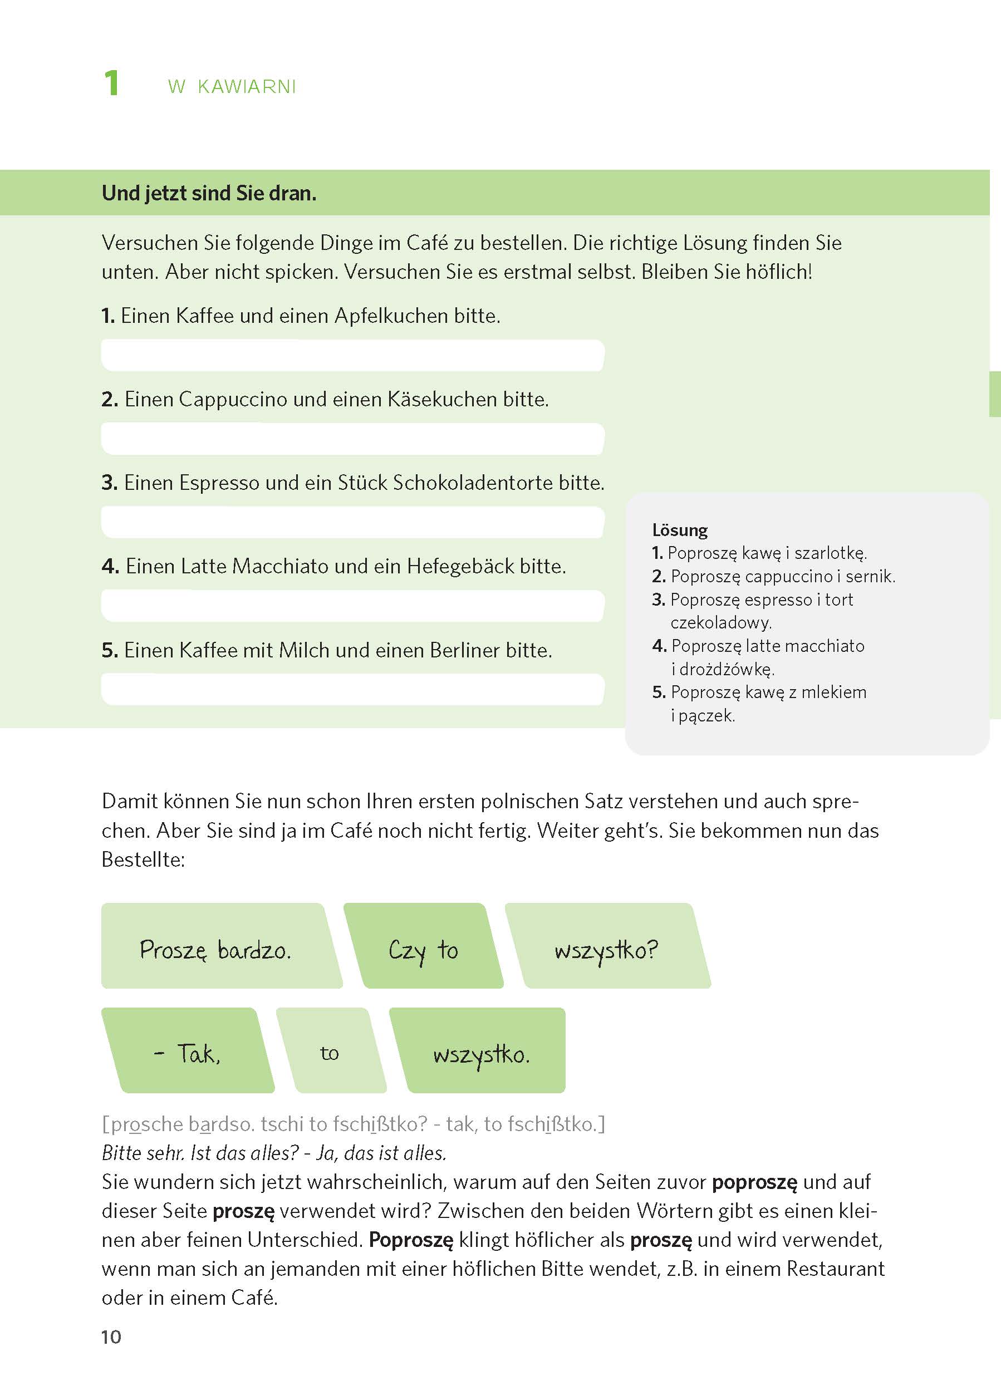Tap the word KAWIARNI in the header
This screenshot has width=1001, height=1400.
tap(247, 87)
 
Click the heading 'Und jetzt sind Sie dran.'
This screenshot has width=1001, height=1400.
tap(209, 194)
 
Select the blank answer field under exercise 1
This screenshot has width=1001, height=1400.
tap(352, 356)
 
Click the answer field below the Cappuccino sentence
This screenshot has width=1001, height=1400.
tap(352, 439)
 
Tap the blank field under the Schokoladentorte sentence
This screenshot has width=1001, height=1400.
tap(352, 523)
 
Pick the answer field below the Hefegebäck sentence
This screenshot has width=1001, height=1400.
tap(352, 606)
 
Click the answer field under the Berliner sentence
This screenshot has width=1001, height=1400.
tap(352, 689)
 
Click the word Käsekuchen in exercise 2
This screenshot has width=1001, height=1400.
tap(441, 399)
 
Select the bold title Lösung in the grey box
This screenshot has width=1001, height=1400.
tap(679, 530)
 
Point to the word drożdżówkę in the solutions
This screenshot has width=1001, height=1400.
tap(727, 669)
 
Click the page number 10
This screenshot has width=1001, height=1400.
tap(111, 1337)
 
